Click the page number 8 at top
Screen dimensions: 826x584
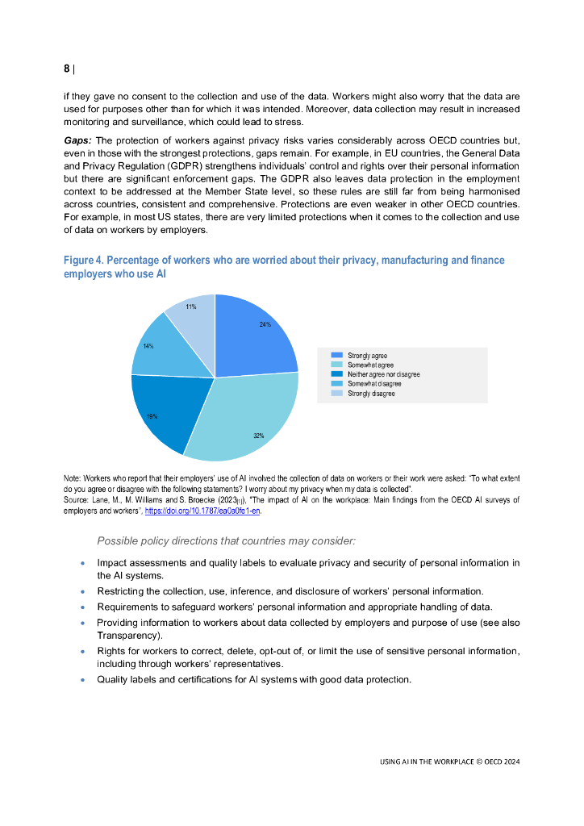67,69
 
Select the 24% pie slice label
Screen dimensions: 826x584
265,324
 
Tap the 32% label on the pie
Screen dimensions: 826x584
258,436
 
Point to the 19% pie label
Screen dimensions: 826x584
152,416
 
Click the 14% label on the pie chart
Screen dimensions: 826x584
148,346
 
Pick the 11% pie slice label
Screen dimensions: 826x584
190,307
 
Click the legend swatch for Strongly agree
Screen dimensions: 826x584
336,355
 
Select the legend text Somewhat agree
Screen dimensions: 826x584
370,365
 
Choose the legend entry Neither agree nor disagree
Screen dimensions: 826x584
383,374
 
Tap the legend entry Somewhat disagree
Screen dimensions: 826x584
374,384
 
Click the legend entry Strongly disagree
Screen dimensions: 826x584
371,394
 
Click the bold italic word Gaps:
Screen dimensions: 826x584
77,140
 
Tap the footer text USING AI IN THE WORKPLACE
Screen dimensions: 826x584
432,761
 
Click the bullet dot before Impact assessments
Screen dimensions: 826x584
83,562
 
